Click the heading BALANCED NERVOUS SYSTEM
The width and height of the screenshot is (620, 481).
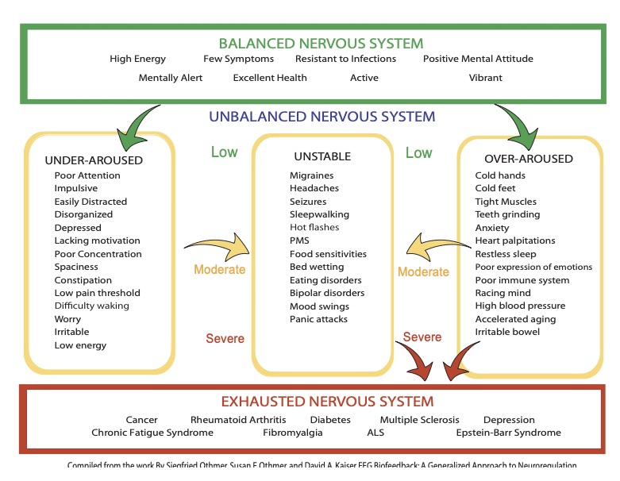[x=321, y=43]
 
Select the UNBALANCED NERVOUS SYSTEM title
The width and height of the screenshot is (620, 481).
[x=322, y=117]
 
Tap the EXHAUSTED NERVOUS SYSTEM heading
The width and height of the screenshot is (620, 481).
[x=321, y=402]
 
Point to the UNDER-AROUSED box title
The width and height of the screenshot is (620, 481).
[x=94, y=160]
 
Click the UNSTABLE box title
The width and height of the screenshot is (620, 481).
[x=322, y=157]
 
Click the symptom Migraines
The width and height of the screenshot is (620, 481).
[x=311, y=175]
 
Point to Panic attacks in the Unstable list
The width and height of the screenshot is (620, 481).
[x=318, y=319]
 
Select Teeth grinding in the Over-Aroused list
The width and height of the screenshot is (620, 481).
[x=507, y=214]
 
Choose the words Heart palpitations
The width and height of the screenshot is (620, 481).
[x=515, y=240]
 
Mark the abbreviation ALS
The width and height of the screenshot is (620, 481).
[x=375, y=433]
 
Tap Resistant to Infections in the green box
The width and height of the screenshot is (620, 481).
[x=345, y=59]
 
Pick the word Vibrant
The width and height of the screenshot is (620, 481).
[x=485, y=78]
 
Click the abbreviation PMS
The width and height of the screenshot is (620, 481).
[x=299, y=240]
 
